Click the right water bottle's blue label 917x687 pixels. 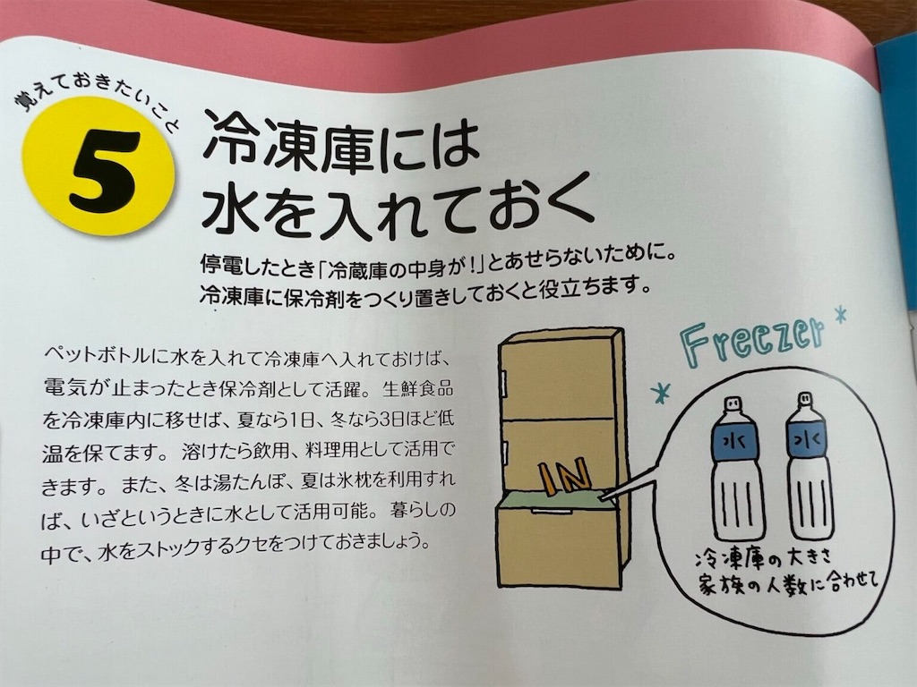click(x=809, y=440)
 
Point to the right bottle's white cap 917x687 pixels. click(x=805, y=400)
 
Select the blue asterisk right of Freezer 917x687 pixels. click(x=840, y=315)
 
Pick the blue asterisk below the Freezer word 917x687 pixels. click(x=662, y=392)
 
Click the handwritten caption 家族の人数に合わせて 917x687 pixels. click(x=787, y=586)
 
